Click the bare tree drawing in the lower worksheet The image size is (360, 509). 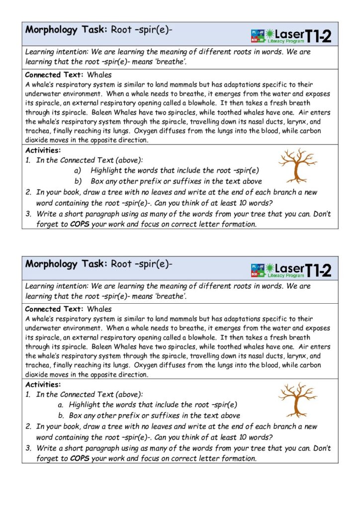(x=297, y=399)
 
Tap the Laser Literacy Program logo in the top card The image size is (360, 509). (x=291, y=35)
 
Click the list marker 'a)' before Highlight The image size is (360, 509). (x=78, y=170)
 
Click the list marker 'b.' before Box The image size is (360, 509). (x=61, y=416)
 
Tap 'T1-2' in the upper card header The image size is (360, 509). (x=318, y=35)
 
